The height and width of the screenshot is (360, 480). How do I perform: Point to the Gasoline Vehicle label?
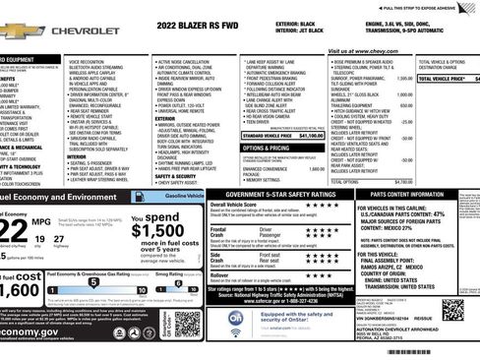point(177,197)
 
